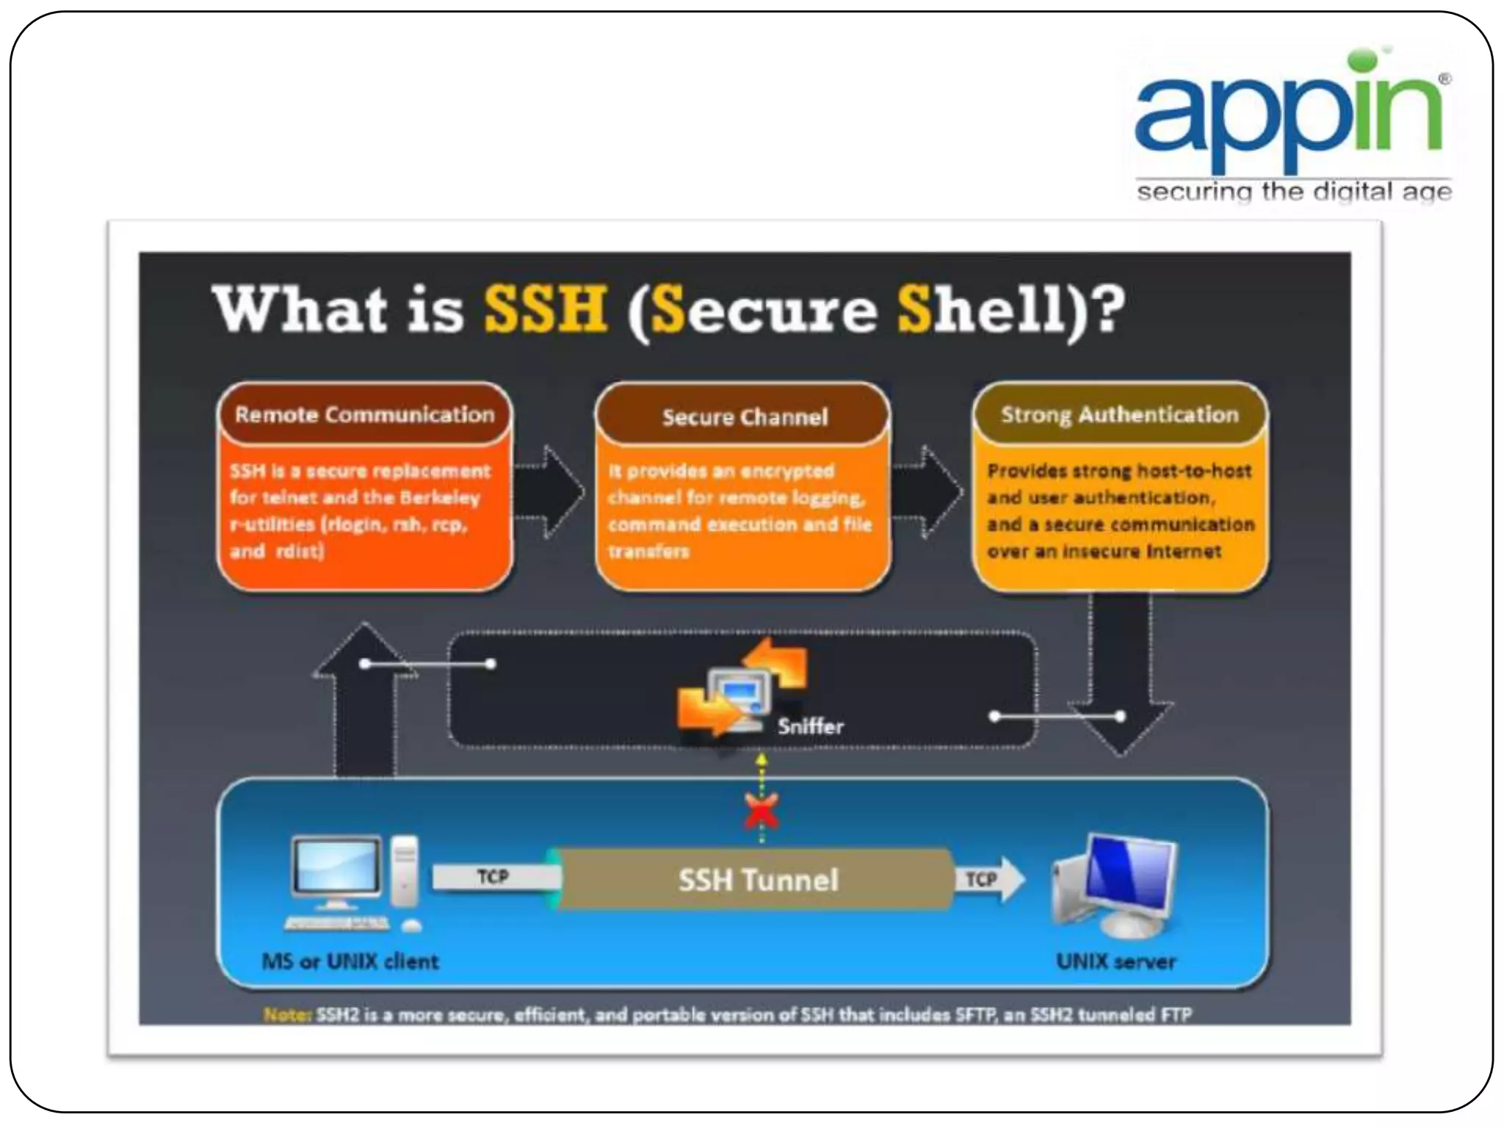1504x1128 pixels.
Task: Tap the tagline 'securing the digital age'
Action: (x=1294, y=192)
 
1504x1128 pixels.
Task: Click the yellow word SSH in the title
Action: (x=545, y=308)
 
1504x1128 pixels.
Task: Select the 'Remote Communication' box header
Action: (x=365, y=414)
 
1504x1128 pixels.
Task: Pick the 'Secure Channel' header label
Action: (x=744, y=416)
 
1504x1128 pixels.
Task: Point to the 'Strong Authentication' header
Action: (x=1120, y=414)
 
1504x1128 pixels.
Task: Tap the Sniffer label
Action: (x=811, y=726)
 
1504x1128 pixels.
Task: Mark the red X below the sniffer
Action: (x=762, y=810)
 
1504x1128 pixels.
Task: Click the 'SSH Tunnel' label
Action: (x=758, y=879)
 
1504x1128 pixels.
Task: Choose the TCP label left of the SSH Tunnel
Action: (x=493, y=876)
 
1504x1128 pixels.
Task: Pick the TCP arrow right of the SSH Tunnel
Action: (x=988, y=879)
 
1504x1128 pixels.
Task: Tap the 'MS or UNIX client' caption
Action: (x=350, y=961)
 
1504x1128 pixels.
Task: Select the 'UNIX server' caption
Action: (x=1116, y=961)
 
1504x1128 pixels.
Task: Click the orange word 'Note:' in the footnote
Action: (x=287, y=1015)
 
